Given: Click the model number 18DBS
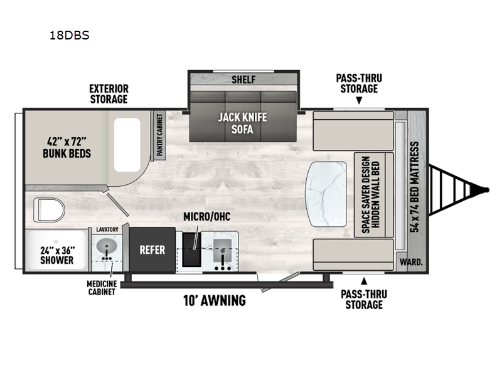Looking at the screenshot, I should click(x=69, y=36).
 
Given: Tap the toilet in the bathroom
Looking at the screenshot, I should click(x=48, y=209).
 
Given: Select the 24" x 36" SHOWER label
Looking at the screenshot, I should click(x=57, y=254).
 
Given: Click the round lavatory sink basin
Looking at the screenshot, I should click(x=107, y=246).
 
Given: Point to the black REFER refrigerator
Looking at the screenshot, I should click(x=152, y=250).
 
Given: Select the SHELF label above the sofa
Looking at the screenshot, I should click(x=242, y=79).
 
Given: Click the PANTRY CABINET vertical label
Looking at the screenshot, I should click(x=159, y=136).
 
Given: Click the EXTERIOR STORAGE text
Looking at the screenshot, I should click(x=108, y=94).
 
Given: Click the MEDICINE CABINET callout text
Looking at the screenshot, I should click(x=100, y=287).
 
